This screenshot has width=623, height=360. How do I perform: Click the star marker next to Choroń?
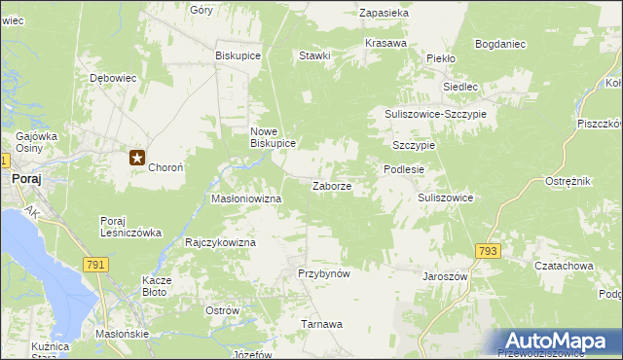point(137,156)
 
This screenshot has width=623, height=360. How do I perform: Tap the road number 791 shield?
point(94,264)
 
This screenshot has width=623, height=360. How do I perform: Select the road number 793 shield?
point(488,251)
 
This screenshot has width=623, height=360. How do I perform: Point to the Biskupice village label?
point(238,55)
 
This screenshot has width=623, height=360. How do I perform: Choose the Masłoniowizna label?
point(246,198)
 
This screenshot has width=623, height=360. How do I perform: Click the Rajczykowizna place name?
point(220,242)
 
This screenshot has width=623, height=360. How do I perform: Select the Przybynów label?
point(323,273)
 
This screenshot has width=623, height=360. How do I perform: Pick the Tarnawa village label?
point(322,324)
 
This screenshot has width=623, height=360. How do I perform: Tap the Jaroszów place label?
point(446,276)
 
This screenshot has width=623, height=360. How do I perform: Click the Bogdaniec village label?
point(500,44)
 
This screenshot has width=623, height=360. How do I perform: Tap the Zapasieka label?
point(384,14)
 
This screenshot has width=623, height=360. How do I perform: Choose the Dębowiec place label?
point(112,78)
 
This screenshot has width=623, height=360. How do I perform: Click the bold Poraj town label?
point(25,179)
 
